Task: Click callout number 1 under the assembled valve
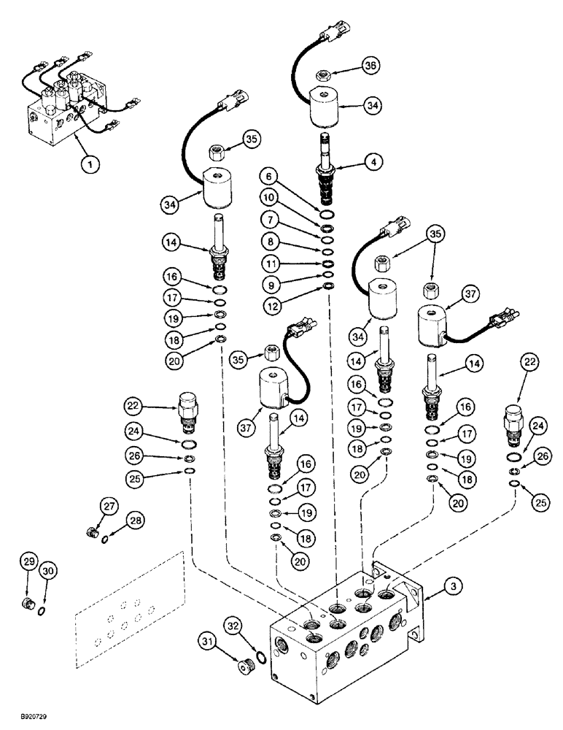pos(90,166)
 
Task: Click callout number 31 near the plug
pos(209,642)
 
